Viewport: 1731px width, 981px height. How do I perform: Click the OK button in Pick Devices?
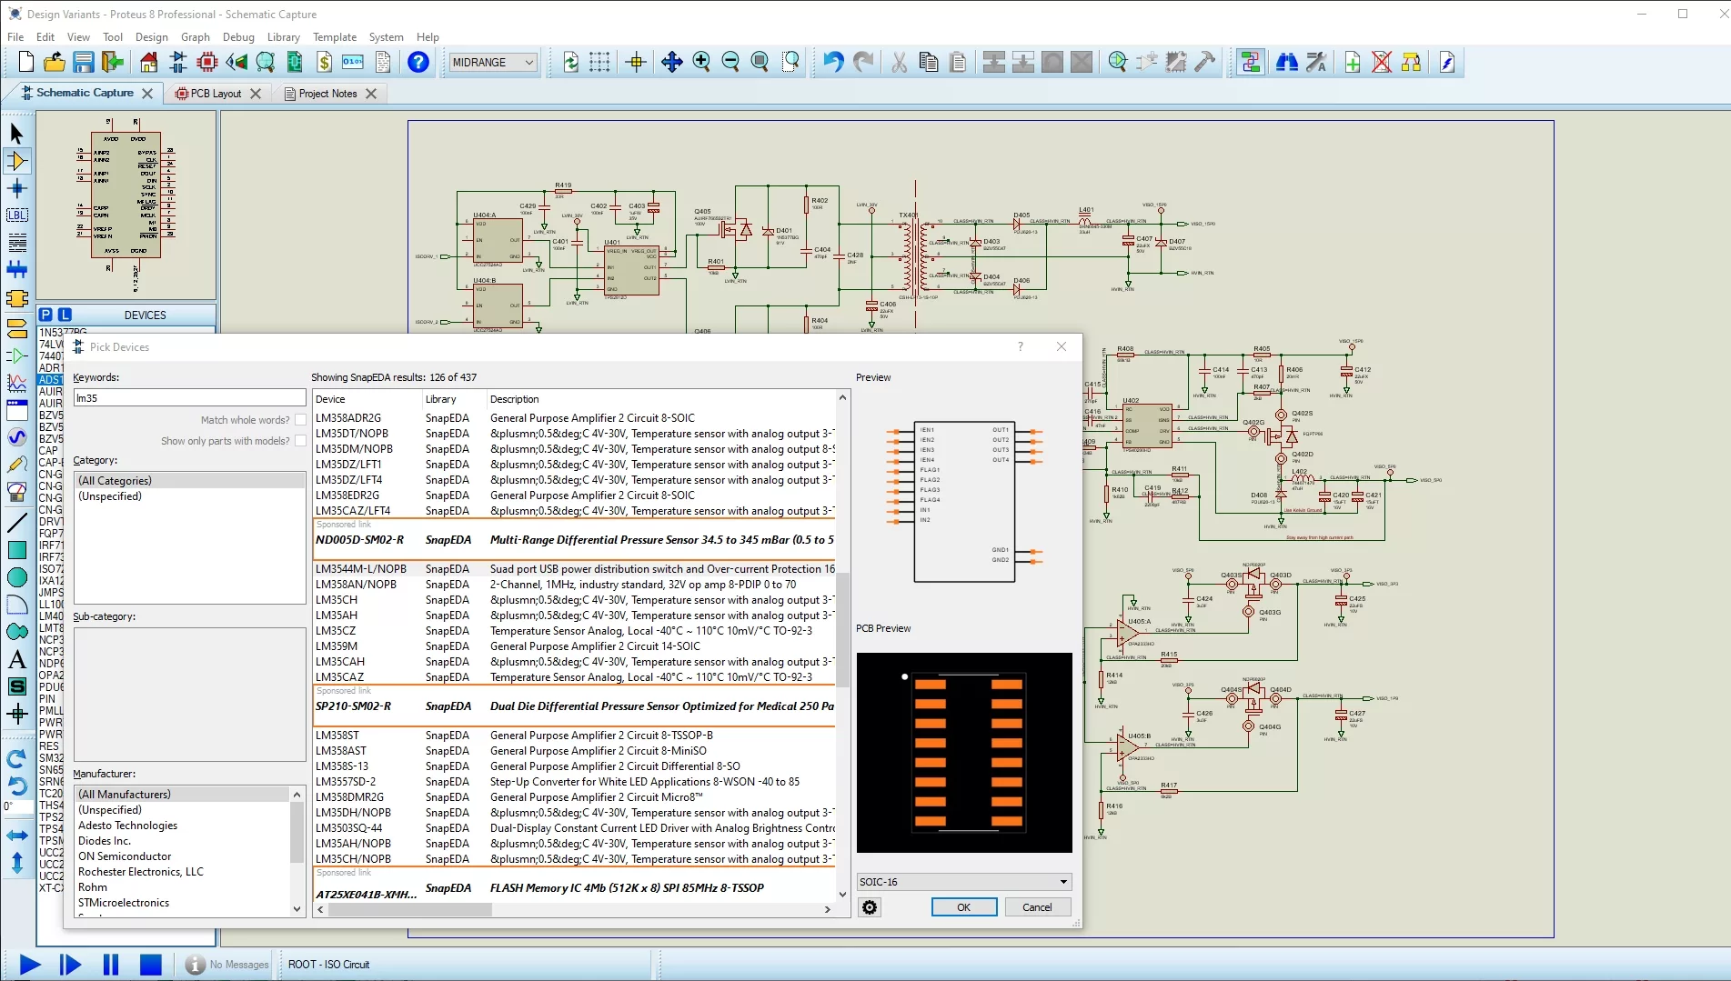tap(963, 907)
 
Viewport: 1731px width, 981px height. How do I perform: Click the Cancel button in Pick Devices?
tap(1037, 907)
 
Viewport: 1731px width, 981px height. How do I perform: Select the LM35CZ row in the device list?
tap(336, 631)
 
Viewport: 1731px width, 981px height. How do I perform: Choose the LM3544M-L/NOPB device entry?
tap(360, 569)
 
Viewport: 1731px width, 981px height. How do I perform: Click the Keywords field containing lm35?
tap(189, 398)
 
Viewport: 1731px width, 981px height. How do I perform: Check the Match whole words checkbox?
tap(300, 420)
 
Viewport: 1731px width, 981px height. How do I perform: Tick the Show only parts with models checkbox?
tap(300, 441)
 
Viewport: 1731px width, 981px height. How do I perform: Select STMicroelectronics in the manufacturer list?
tap(124, 903)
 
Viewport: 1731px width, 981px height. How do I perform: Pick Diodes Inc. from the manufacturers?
tap(105, 841)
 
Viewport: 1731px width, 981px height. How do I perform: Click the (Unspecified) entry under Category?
tap(110, 496)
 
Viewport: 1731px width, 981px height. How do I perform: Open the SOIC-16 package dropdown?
tap(1063, 882)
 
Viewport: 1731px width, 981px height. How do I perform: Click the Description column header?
tap(515, 399)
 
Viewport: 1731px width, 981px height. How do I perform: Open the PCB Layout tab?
tap(216, 94)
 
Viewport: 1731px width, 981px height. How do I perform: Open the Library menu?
tap(283, 37)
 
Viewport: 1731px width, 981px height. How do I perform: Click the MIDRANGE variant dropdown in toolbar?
tap(493, 63)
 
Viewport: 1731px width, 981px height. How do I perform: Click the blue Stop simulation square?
tap(151, 965)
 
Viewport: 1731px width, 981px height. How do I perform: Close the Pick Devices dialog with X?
tap(1062, 346)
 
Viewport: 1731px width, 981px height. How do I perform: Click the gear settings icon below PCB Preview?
tap(871, 907)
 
